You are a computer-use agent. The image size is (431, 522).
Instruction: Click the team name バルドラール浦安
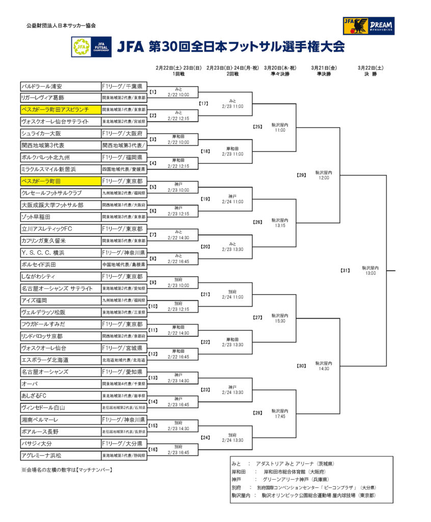pos(42,86)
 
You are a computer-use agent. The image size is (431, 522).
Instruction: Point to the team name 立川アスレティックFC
pos(46,229)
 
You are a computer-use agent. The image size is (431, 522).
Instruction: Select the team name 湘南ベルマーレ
pos(40,420)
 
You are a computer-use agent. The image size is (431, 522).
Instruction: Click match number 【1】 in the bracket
pos(153,92)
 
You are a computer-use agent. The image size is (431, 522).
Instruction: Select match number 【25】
pos(257,127)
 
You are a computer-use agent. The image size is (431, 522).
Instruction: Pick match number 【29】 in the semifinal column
pos(301,175)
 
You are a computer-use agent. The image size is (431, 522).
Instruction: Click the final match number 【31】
pos(345,270)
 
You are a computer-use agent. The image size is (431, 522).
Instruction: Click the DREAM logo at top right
pos(368,26)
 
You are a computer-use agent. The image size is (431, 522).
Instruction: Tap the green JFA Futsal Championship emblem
pos(81,47)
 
